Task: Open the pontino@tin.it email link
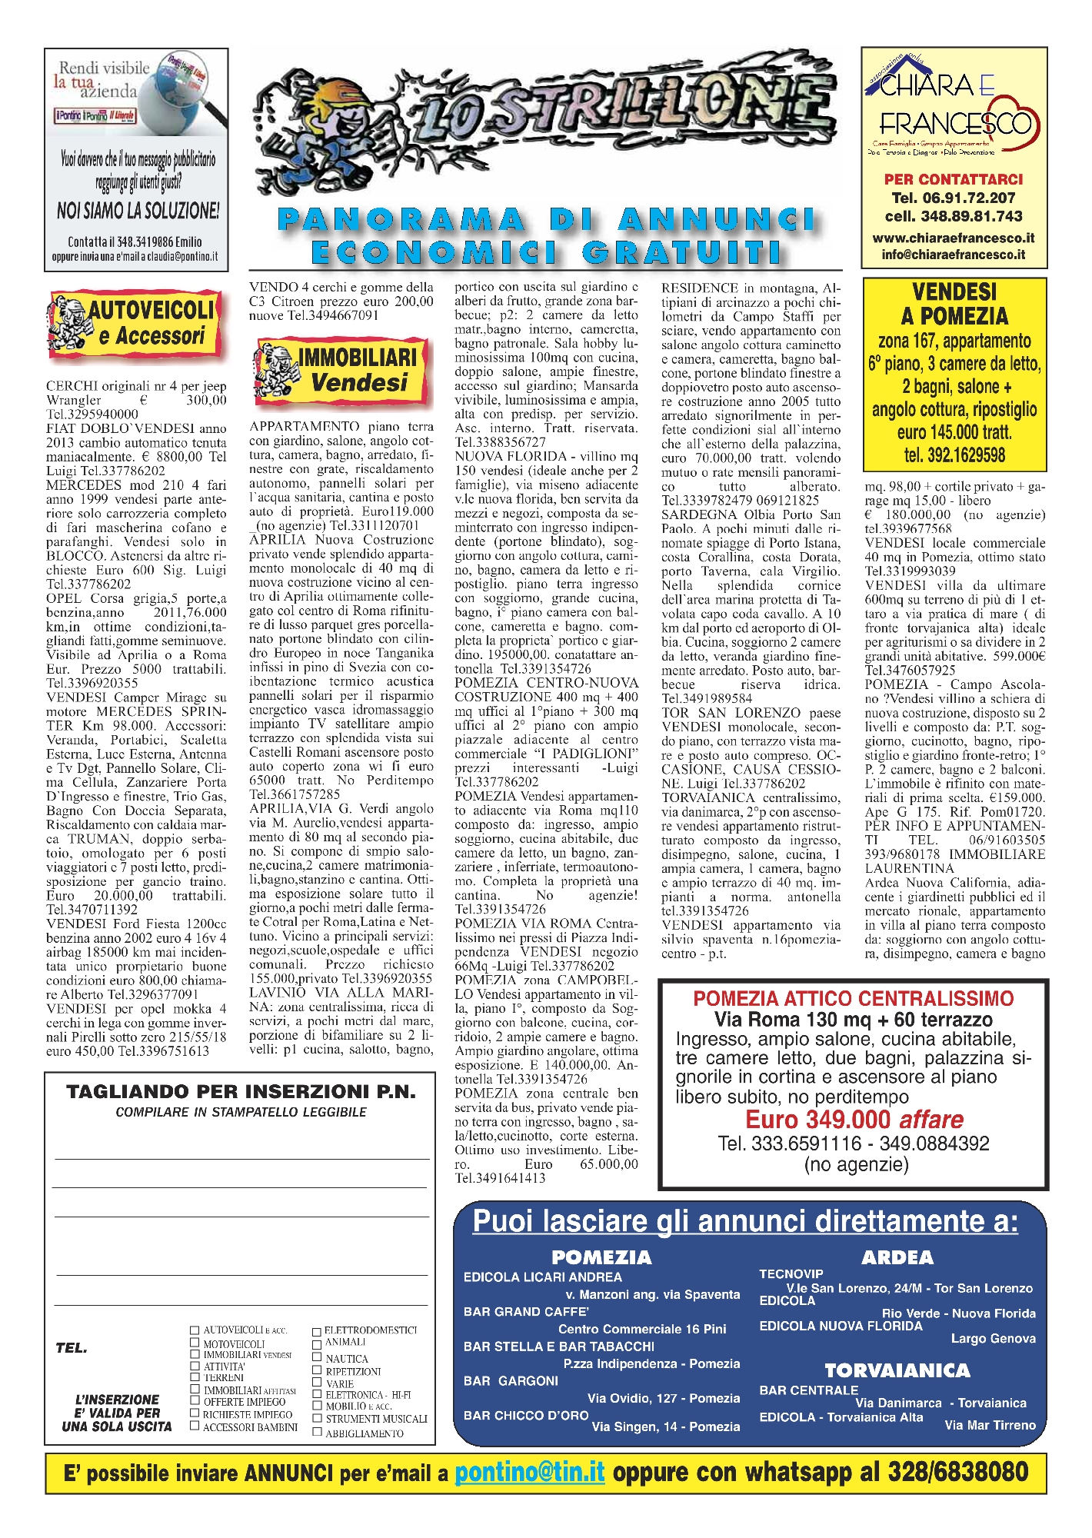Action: pyautogui.click(x=530, y=1472)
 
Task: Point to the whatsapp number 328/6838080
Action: pyautogui.click(x=957, y=1472)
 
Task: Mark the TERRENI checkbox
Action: pyautogui.click(x=195, y=1377)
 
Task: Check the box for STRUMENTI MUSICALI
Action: pyautogui.click(x=317, y=1419)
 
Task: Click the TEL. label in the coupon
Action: pyautogui.click(x=72, y=1348)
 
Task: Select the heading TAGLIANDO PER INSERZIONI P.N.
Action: pyautogui.click(x=241, y=1092)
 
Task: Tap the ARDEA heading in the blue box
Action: pyautogui.click(x=897, y=1258)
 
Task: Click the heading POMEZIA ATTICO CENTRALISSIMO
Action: pyautogui.click(x=854, y=999)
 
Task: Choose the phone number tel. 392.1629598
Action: pyautogui.click(x=954, y=455)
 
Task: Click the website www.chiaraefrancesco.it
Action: pyautogui.click(x=954, y=238)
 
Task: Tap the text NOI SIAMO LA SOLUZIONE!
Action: pyautogui.click(x=138, y=210)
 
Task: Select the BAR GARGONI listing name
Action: pyautogui.click(x=511, y=1381)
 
